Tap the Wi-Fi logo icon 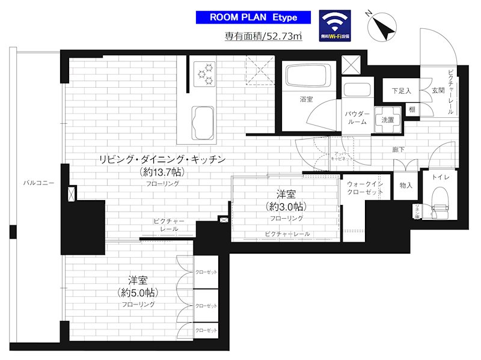click(x=335, y=25)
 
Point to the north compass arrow click(x=382, y=26)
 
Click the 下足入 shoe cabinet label click(x=401, y=91)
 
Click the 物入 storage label click(x=406, y=186)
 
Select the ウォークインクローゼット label click(x=366, y=187)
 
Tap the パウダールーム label click(x=357, y=117)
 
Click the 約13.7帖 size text click(x=162, y=172)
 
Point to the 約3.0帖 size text click(x=286, y=206)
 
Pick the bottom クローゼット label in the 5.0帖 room click(x=206, y=331)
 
